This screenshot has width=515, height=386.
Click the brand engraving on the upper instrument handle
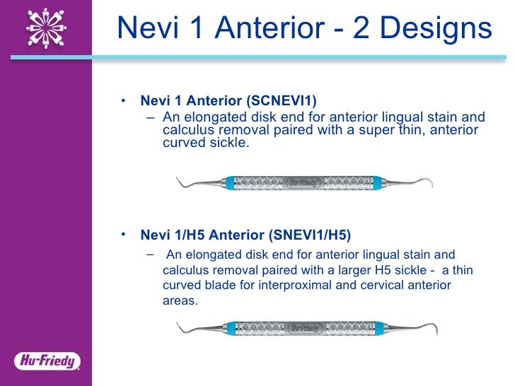(x=305, y=182)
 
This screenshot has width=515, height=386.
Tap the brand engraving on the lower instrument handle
(x=305, y=328)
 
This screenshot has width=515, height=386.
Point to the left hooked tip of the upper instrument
(x=180, y=184)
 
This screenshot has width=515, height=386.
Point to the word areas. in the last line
(x=180, y=300)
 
